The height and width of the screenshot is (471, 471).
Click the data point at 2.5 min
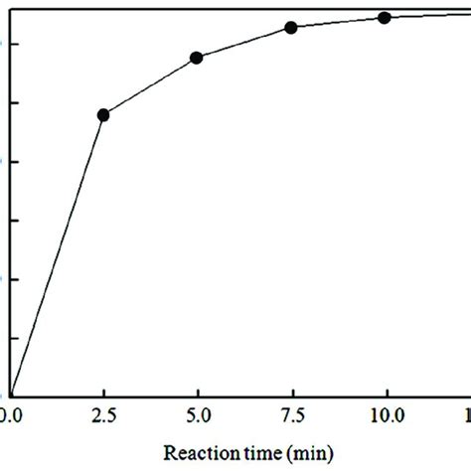(x=102, y=115)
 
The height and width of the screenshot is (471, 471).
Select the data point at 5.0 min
(x=197, y=58)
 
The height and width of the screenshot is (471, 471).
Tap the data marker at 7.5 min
(x=291, y=28)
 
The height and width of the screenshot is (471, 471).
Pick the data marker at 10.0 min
(x=385, y=17)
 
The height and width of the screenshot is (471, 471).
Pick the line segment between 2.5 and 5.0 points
(x=149, y=86)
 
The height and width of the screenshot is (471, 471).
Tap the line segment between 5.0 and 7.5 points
(x=243, y=43)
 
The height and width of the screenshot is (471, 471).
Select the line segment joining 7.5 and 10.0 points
(x=338, y=22)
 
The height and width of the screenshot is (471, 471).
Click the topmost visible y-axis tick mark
(x=13, y=44)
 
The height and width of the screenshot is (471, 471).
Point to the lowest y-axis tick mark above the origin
(x=13, y=337)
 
